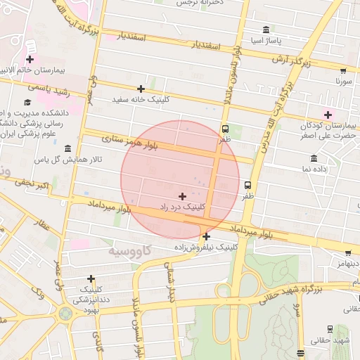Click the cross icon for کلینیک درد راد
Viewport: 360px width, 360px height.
(183, 196)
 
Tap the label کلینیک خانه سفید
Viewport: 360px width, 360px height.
(141, 100)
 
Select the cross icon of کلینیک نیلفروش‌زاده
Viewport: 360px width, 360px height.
(205, 236)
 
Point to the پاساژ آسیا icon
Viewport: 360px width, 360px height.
(265, 30)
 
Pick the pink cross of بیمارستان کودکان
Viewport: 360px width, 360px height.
(328, 115)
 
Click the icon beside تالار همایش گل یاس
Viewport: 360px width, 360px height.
(67, 149)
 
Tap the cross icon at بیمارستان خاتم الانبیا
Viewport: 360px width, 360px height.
(30, 60)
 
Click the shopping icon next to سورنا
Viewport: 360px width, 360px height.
(343, 71)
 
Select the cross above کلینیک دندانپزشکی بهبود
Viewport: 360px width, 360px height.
(91, 278)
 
